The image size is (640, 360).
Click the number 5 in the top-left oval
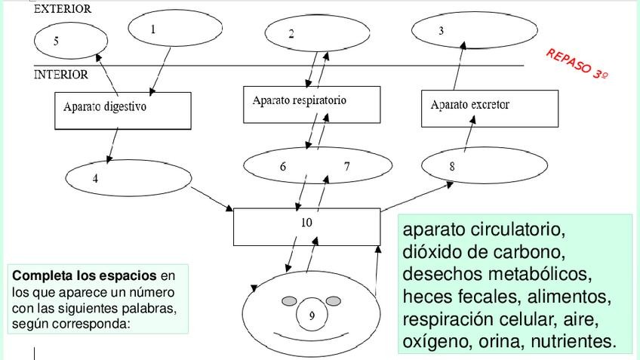pos(56,42)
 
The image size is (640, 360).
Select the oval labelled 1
pos(175,29)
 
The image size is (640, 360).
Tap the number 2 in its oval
pos(291,34)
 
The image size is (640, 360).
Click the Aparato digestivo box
pos(122,110)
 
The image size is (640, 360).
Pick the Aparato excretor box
pos(489,109)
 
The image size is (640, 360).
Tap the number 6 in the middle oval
pos(283,167)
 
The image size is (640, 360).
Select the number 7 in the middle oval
pos(346,167)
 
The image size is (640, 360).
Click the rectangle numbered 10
pos(306,226)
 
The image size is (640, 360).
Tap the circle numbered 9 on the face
pos(312,316)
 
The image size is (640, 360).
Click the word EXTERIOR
pos(63,10)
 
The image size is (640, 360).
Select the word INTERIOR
pos(61,75)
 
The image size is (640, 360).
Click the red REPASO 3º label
pos(577,65)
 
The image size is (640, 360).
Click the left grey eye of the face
pos(290,301)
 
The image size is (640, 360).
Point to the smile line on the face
pos(311,337)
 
